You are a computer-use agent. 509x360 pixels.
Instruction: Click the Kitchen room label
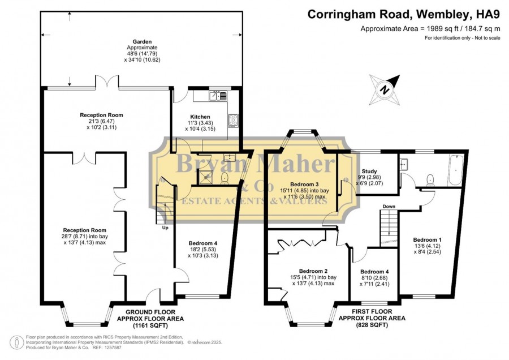(x=200, y=117)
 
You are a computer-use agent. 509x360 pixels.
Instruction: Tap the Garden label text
(x=142, y=41)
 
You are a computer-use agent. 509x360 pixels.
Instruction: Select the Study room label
(x=369, y=172)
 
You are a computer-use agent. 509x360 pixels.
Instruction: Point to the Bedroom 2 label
(x=313, y=271)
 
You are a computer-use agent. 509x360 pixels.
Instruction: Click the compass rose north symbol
(x=385, y=89)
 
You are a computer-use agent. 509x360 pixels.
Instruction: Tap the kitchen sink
(x=218, y=96)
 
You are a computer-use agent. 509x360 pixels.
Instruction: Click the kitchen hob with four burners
(x=233, y=120)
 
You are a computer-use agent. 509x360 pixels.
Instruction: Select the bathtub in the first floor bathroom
(x=456, y=170)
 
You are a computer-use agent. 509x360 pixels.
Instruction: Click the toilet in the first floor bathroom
(x=430, y=180)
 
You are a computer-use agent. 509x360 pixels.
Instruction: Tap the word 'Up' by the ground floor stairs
(x=165, y=228)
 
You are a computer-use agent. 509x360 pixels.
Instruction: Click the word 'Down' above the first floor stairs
(x=389, y=206)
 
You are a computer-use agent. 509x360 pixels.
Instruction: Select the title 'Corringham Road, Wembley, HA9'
(x=404, y=14)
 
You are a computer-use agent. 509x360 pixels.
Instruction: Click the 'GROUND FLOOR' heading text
(x=150, y=312)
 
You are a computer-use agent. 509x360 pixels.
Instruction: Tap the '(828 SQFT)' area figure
(x=372, y=324)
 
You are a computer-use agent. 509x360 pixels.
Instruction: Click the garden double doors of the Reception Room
(x=107, y=82)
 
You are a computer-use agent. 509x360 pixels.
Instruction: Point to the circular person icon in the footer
(x=16, y=342)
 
